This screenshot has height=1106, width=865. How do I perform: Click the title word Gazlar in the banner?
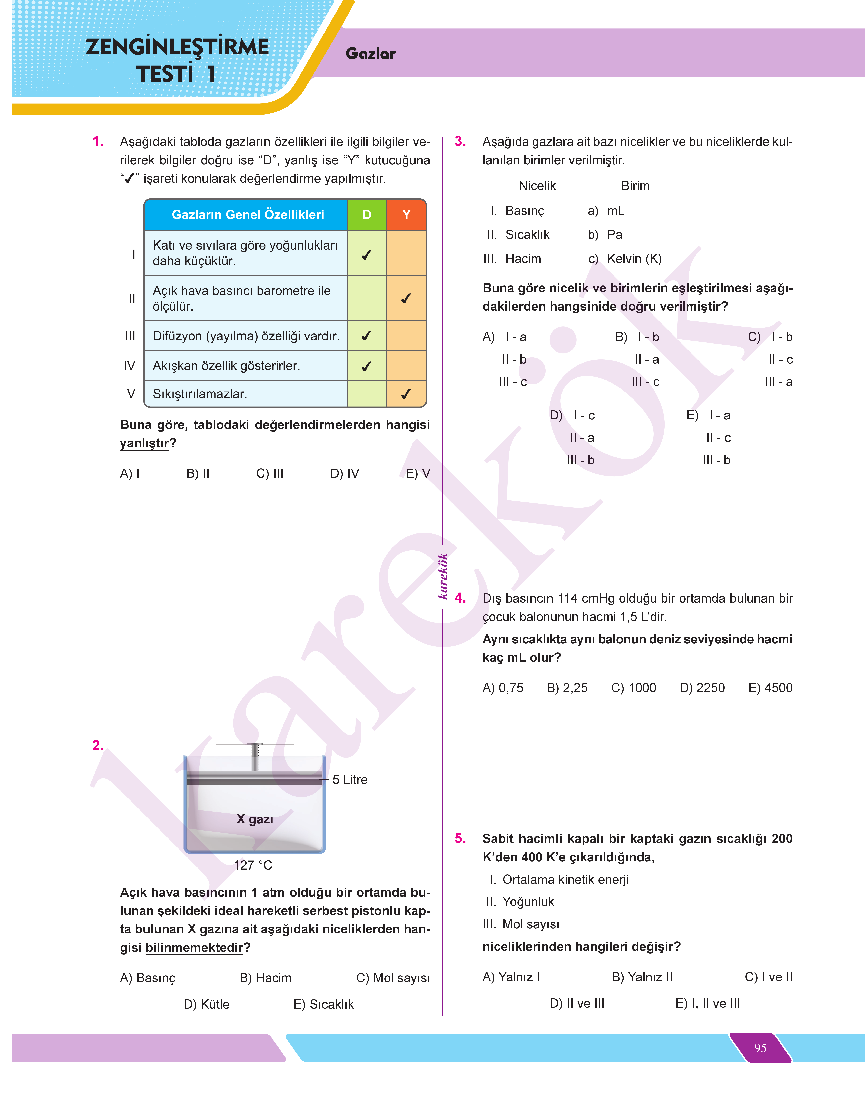(370, 54)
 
